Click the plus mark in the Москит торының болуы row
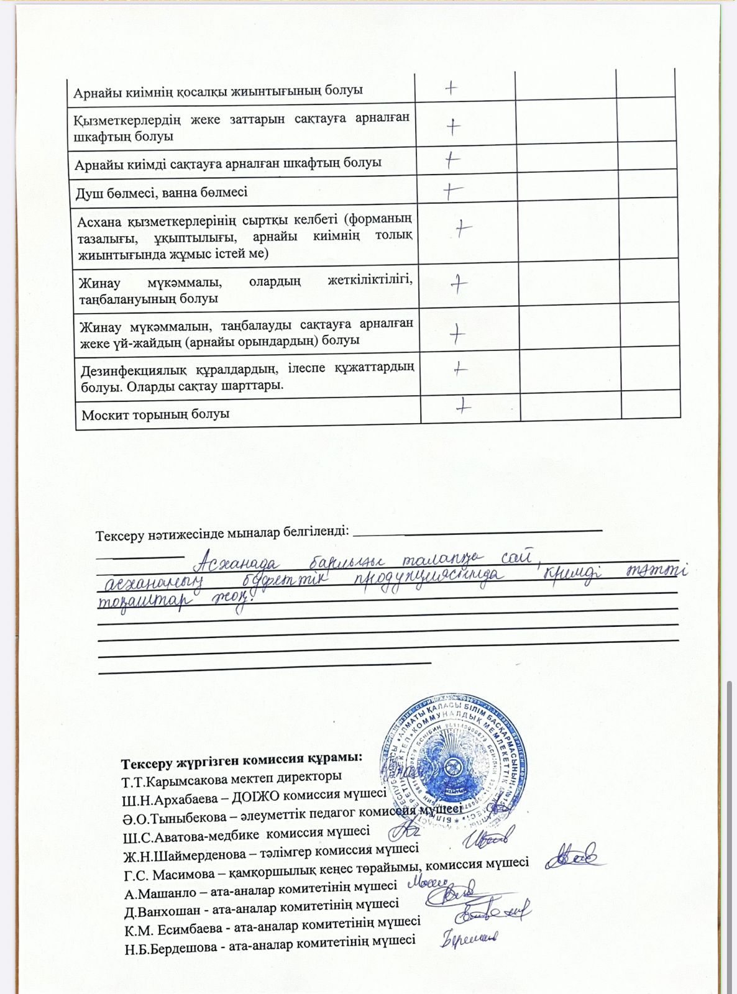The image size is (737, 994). pyautogui.click(x=463, y=407)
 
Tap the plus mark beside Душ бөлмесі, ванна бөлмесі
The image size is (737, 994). pyautogui.click(x=453, y=191)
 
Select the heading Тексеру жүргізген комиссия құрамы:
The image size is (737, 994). pyautogui.click(x=242, y=760)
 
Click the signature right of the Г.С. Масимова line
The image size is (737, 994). pyautogui.click(x=575, y=857)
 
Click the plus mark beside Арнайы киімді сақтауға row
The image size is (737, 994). pyautogui.click(x=452, y=161)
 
